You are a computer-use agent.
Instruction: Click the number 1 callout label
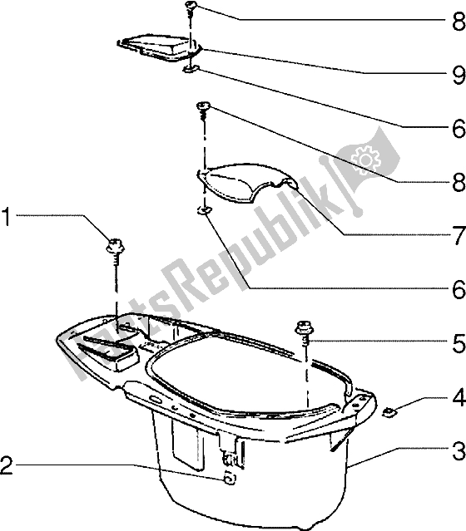pos(7,218)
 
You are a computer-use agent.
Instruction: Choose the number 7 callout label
pos(457,236)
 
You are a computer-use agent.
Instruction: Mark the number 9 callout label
pos(457,74)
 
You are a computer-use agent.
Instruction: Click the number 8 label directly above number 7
pos(457,180)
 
